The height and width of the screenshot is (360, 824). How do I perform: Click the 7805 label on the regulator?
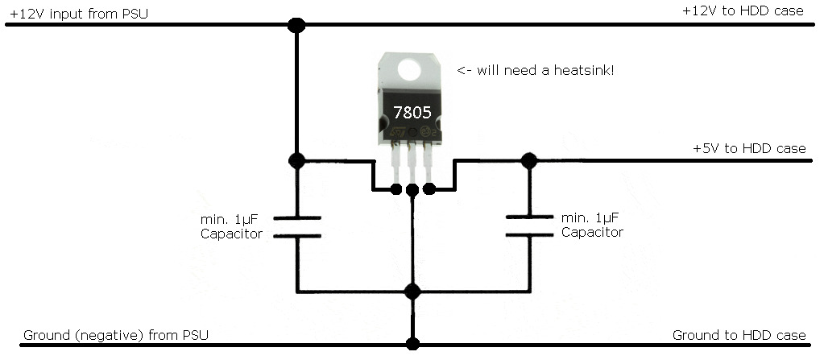coord(411,112)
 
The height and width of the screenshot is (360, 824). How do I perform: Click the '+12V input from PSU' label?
coord(78,14)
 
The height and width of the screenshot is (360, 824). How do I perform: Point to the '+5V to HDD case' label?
coord(749,149)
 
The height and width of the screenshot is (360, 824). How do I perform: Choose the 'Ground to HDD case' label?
coord(739,335)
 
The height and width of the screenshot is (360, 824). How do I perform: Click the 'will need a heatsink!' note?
coord(536,70)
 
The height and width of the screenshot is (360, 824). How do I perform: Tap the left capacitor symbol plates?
coord(297,226)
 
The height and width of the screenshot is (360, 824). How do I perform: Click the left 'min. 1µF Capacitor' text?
coord(231,226)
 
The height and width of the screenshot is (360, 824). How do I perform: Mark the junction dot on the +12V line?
coord(297,26)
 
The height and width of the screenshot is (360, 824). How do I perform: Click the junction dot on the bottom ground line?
coord(412,344)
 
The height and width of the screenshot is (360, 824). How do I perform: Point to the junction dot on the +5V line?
coord(529,160)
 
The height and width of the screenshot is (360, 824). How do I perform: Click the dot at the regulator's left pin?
coord(395,190)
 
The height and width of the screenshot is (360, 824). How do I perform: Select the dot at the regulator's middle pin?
coord(412,190)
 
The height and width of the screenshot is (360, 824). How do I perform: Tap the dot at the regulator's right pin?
coord(429,190)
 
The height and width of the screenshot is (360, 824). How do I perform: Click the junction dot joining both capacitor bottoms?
coord(412,291)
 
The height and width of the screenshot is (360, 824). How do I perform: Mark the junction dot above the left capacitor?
coord(297,160)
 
